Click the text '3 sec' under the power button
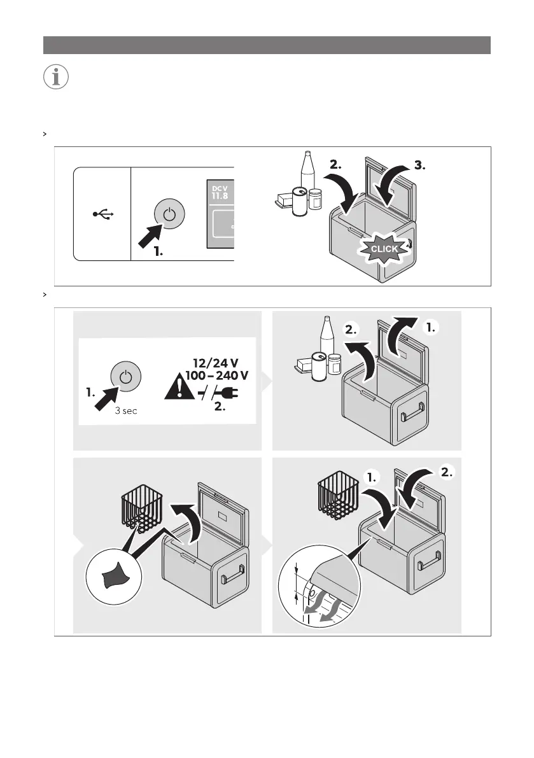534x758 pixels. [x=125, y=411]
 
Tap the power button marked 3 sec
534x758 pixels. [x=125, y=378]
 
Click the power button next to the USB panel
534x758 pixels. [x=168, y=214]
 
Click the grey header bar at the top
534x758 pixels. [x=267, y=45]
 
